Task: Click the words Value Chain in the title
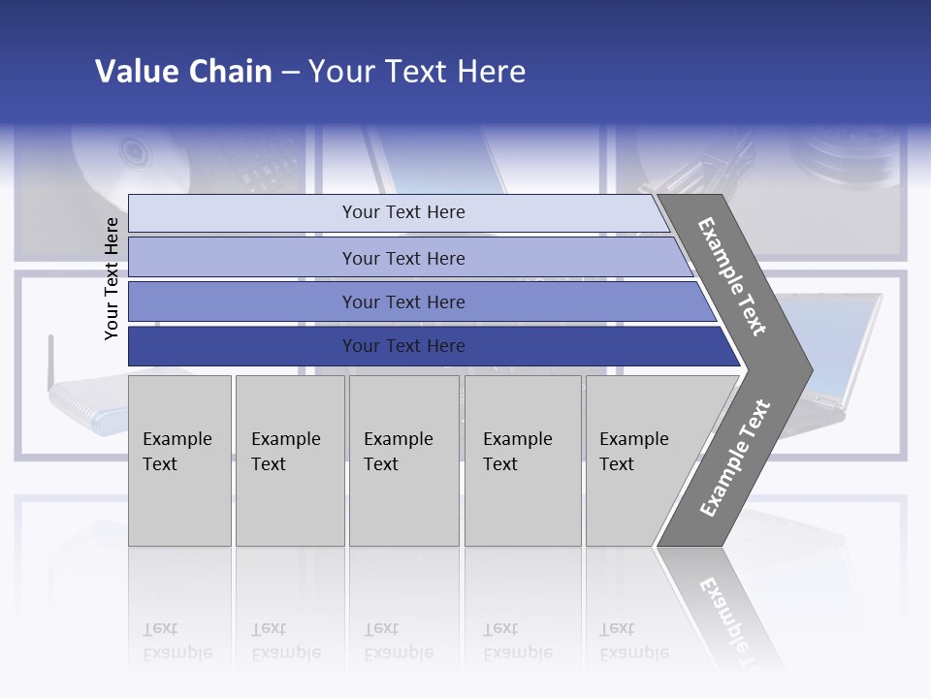[183, 72]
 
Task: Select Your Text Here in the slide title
[417, 72]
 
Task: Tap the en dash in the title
[290, 73]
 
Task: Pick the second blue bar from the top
[402, 258]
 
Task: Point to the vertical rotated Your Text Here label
[112, 278]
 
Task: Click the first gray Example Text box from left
[179, 460]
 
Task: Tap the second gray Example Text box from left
[290, 460]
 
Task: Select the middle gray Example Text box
[403, 460]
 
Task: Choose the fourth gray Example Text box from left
[523, 460]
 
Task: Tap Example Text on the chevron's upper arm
[732, 276]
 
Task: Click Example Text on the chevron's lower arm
[735, 458]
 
